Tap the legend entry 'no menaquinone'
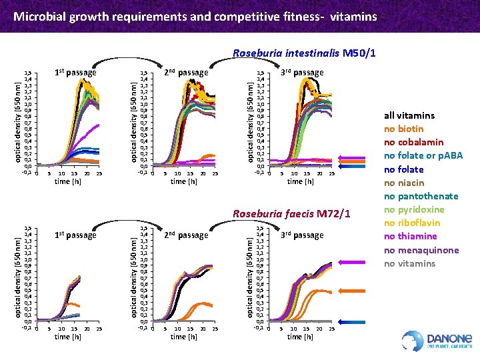tap(421, 250)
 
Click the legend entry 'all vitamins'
tap(409, 115)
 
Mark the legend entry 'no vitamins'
tap(409, 263)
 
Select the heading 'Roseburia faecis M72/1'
tap(291, 213)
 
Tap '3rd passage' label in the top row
tap(301, 72)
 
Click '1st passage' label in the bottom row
tap(75, 235)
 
